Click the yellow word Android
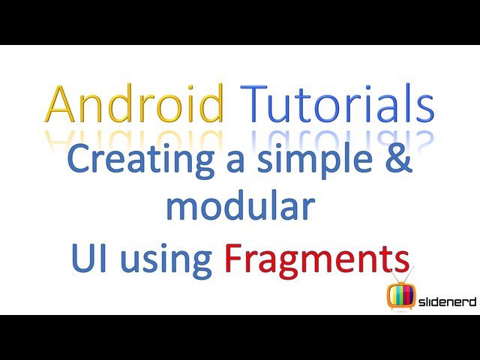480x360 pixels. (135, 103)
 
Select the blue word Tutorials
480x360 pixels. (337, 103)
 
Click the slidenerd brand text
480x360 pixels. (447, 301)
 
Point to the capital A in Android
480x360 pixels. (60, 104)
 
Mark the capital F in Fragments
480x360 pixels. (233, 258)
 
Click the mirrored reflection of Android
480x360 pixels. (135, 140)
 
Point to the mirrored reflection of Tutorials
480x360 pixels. (337, 139)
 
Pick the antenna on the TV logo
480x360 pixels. (403, 274)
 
